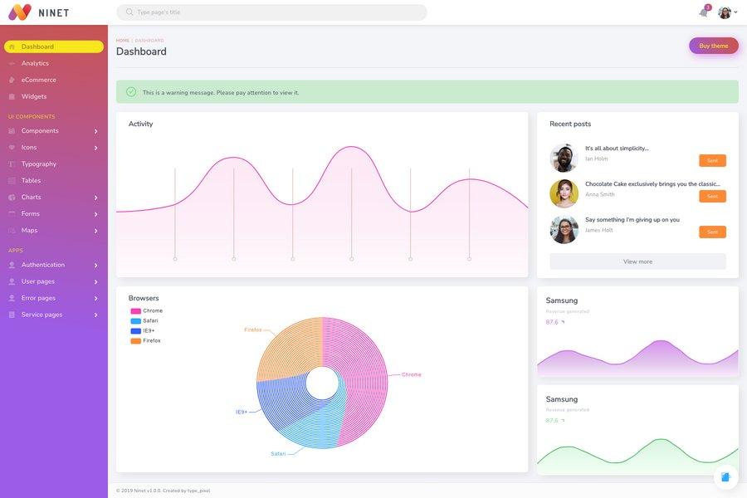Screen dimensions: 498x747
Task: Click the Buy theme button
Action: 713,46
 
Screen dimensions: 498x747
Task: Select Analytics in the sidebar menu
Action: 35,63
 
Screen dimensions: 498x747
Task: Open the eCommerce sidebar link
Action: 39,80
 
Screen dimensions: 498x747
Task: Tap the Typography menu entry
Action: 39,164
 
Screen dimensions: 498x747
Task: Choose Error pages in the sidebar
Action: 38,298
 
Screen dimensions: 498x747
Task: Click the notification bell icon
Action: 704,12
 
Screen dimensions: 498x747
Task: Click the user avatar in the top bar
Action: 725,12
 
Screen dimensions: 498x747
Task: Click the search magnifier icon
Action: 129,12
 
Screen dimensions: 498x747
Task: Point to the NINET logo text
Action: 54,12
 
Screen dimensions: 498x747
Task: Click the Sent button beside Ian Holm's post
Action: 712,160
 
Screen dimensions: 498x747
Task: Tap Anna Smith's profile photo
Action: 564,193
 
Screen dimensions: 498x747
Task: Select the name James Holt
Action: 599,230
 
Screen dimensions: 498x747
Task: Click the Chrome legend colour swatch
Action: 135,311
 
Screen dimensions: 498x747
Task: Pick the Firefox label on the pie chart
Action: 252,330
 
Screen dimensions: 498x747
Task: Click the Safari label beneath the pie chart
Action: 278,454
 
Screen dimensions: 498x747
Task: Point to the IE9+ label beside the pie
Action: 242,412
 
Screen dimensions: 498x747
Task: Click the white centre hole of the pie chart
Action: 322,383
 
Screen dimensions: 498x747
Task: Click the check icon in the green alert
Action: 131,92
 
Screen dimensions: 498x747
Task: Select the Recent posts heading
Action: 570,124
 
